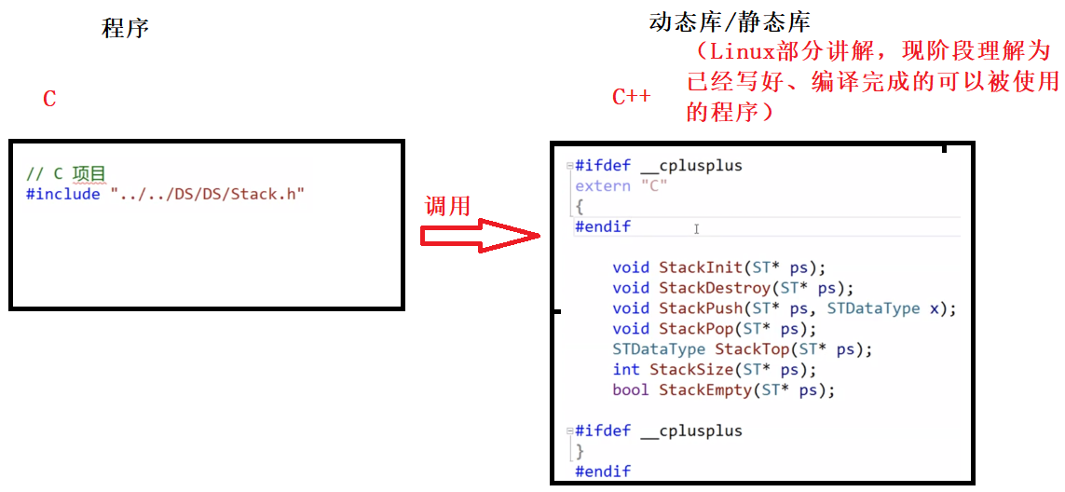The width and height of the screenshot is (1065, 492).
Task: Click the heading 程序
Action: pos(125,28)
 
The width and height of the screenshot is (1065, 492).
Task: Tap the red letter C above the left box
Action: pos(50,99)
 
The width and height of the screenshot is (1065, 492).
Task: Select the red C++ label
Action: pos(631,97)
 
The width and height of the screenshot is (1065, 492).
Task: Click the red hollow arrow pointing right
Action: pos(481,237)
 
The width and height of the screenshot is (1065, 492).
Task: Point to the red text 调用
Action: pos(447,206)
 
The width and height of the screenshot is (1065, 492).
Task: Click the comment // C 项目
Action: pos(66,174)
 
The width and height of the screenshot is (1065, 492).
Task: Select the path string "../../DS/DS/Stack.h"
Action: pos(208,194)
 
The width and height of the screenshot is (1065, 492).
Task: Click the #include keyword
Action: pos(63,194)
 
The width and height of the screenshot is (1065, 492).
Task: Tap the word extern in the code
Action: pos(603,185)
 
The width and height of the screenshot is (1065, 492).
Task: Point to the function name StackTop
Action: pos(751,349)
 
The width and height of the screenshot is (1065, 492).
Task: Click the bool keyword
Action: pos(631,390)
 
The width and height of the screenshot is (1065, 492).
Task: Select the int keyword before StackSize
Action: pos(626,370)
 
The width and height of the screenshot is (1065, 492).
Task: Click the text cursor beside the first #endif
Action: pos(696,228)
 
